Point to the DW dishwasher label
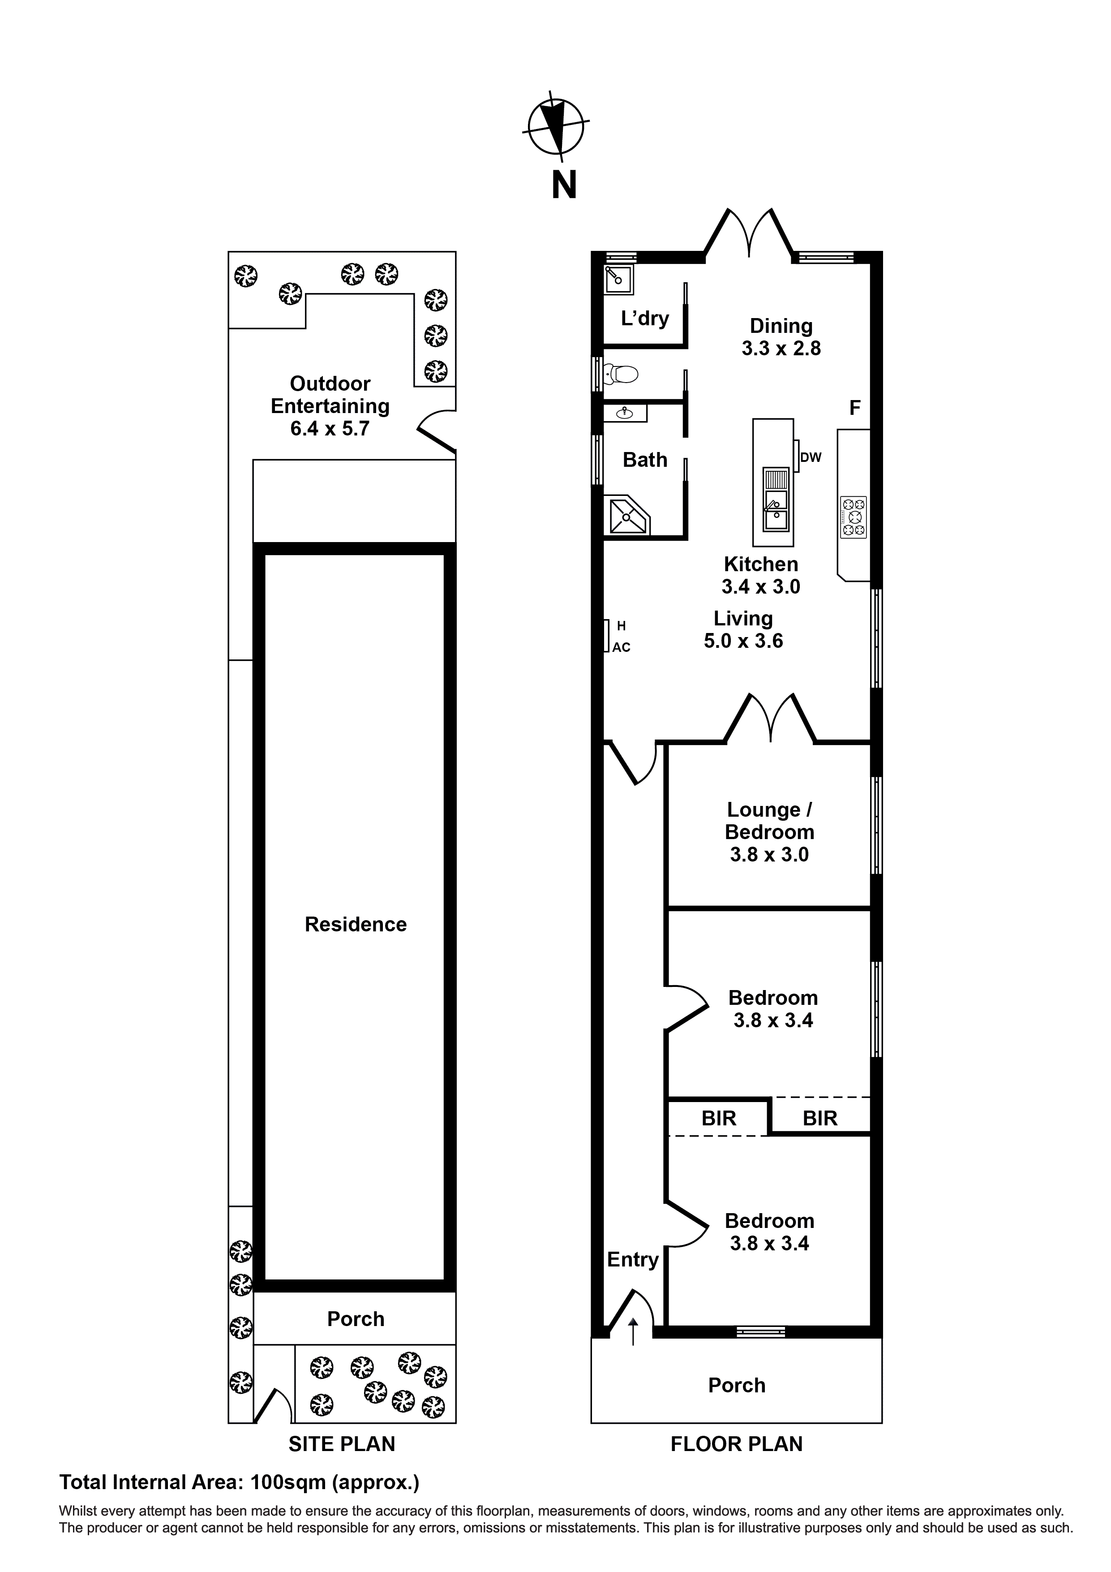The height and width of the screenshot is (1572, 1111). (x=811, y=457)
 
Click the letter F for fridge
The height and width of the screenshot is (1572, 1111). (x=854, y=408)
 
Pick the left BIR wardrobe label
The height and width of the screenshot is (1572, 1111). (x=719, y=1118)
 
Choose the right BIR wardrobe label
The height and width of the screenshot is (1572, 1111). (x=819, y=1118)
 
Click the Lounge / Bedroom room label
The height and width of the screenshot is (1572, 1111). (x=769, y=821)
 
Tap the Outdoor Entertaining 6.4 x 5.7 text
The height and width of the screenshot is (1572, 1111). (x=330, y=405)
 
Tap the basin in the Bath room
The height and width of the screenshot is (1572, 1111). (x=624, y=413)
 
